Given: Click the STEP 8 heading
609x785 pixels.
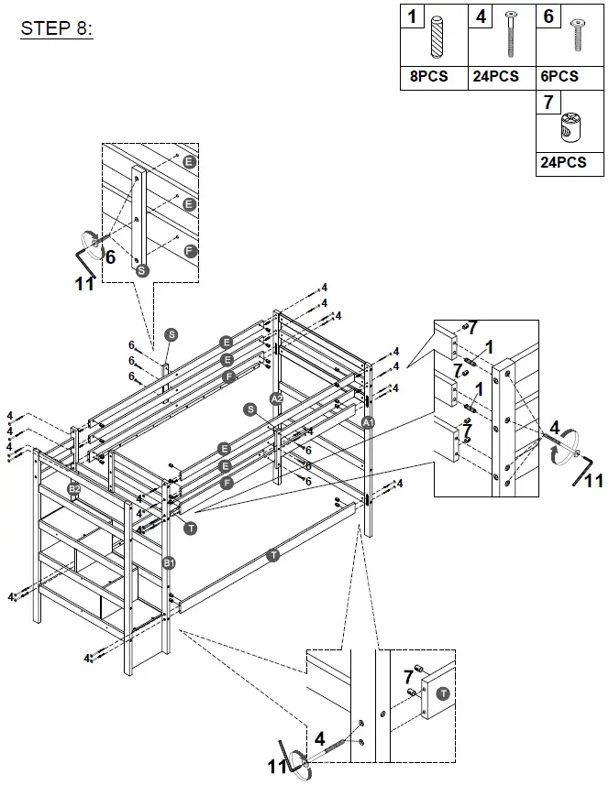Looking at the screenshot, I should click(x=57, y=28).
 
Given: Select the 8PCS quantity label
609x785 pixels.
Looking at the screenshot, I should click(x=428, y=77).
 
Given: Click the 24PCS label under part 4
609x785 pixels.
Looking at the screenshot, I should click(x=496, y=77).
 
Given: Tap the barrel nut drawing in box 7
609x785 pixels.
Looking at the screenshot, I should click(x=570, y=127).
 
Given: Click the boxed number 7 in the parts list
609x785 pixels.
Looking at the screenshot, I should click(x=548, y=103).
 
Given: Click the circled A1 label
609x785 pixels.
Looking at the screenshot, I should click(x=367, y=422).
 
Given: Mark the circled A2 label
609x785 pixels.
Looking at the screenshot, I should click(x=276, y=398).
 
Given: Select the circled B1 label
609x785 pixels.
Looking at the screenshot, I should click(x=169, y=561).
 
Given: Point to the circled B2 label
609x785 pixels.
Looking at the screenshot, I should click(x=75, y=490).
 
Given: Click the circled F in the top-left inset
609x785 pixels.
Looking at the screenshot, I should click(x=190, y=250).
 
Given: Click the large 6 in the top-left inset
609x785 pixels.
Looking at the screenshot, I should click(x=110, y=257).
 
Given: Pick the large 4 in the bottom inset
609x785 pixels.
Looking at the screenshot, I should click(x=319, y=738).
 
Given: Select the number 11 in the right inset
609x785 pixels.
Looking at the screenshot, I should click(x=593, y=480).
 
